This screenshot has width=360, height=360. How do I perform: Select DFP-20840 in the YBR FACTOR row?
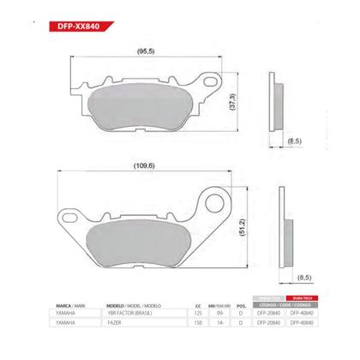[x=267, y=314]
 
